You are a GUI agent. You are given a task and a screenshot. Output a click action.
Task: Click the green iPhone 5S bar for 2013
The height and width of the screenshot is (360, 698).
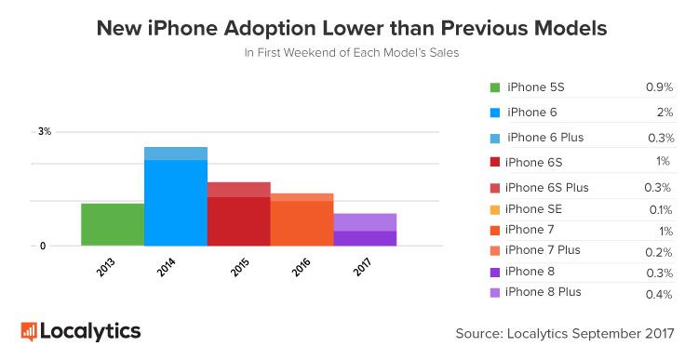point(113,224)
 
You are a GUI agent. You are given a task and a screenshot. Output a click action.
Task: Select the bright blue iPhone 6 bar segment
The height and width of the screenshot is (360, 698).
point(176,203)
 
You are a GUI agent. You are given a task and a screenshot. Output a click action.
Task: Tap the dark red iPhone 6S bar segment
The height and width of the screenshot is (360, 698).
point(238,221)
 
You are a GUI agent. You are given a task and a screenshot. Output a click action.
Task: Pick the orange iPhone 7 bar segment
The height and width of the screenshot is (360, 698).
point(302,223)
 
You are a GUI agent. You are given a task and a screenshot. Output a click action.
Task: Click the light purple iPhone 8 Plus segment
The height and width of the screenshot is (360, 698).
point(365,221)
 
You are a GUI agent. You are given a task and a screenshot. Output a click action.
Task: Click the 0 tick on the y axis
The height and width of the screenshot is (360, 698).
point(42,247)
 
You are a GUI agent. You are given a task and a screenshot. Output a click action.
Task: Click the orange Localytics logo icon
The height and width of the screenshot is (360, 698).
point(29,331)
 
